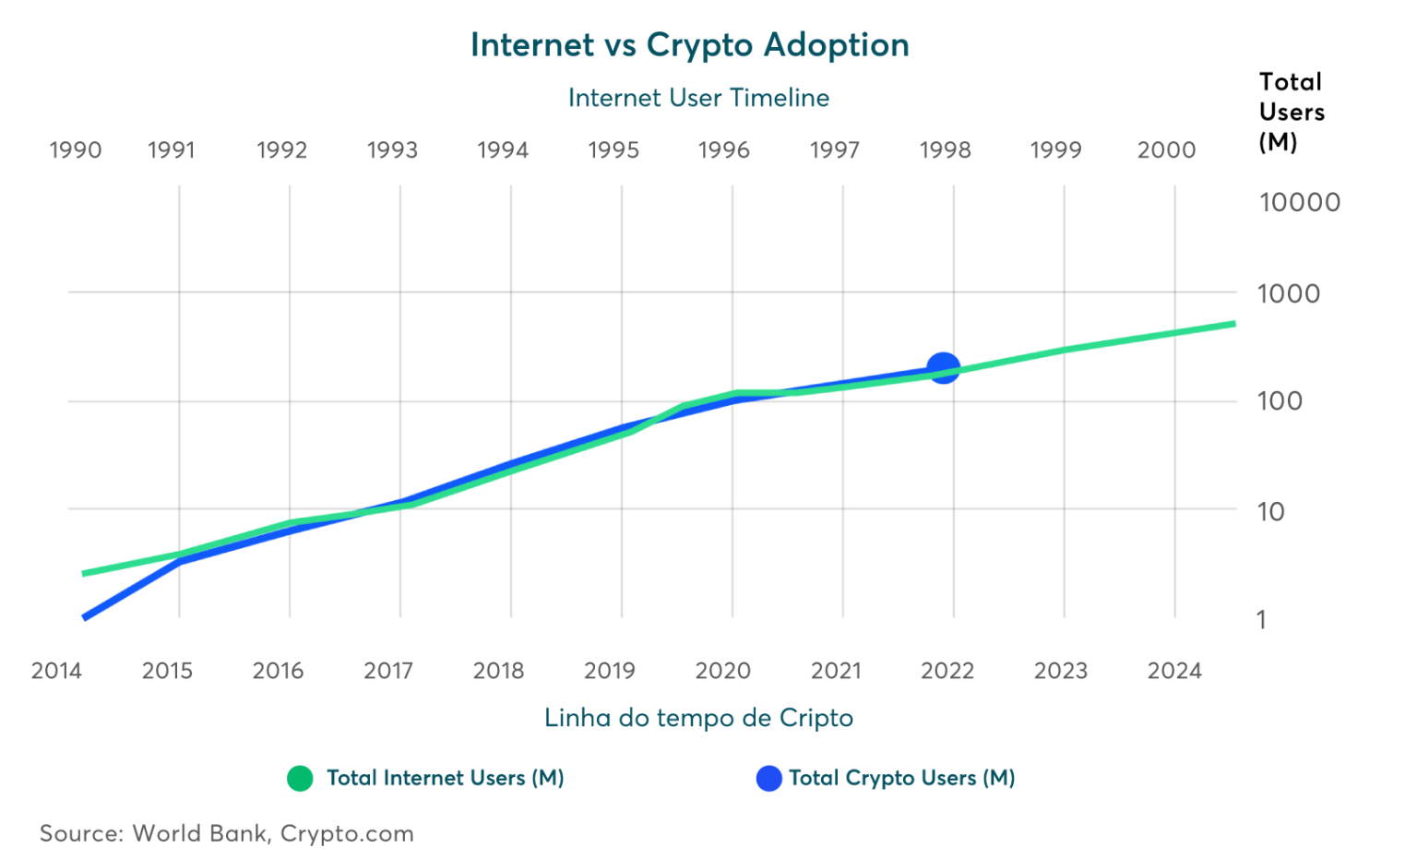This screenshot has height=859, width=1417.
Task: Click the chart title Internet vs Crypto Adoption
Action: click(x=689, y=45)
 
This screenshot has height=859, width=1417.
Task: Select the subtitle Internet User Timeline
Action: click(x=698, y=98)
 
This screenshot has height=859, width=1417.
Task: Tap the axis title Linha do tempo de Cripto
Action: click(x=699, y=718)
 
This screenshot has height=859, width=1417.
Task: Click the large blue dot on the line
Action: click(x=943, y=368)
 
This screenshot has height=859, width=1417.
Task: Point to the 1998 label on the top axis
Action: click(x=945, y=150)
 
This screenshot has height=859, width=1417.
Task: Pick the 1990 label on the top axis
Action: click(x=75, y=150)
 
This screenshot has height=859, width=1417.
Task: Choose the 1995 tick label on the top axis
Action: click(x=613, y=150)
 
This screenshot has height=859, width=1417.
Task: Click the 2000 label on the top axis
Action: click(x=1166, y=150)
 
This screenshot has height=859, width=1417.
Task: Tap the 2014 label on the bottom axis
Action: click(x=56, y=671)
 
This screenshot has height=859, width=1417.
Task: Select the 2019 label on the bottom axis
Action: click(x=609, y=671)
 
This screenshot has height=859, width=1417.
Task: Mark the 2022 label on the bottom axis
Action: click(x=947, y=671)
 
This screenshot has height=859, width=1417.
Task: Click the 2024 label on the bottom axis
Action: click(x=1174, y=671)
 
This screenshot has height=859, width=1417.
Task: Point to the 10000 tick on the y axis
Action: click(x=1299, y=203)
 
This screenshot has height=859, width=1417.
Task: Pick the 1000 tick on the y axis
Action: click(x=1289, y=294)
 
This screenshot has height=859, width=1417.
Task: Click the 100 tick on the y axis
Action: click(x=1280, y=401)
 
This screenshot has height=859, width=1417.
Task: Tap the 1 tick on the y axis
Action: click(x=1261, y=620)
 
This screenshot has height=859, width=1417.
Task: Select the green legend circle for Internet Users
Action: click(x=300, y=779)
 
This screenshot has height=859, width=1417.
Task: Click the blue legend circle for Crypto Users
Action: click(x=768, y=779)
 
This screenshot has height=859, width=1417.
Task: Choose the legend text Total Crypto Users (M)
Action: click(x=901, y=779)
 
